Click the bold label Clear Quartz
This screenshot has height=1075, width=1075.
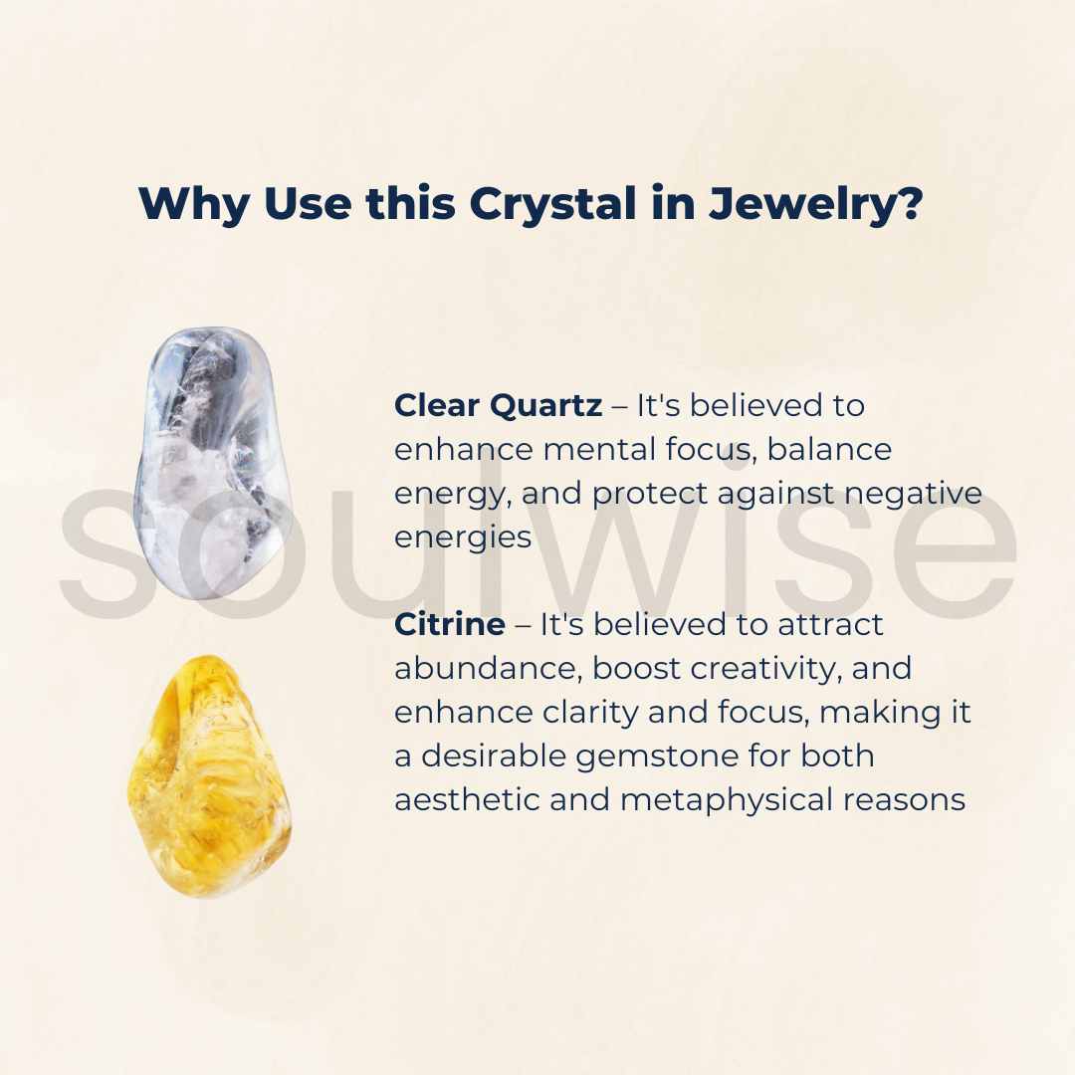(498, 405)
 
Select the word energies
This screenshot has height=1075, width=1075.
(463, 537)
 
